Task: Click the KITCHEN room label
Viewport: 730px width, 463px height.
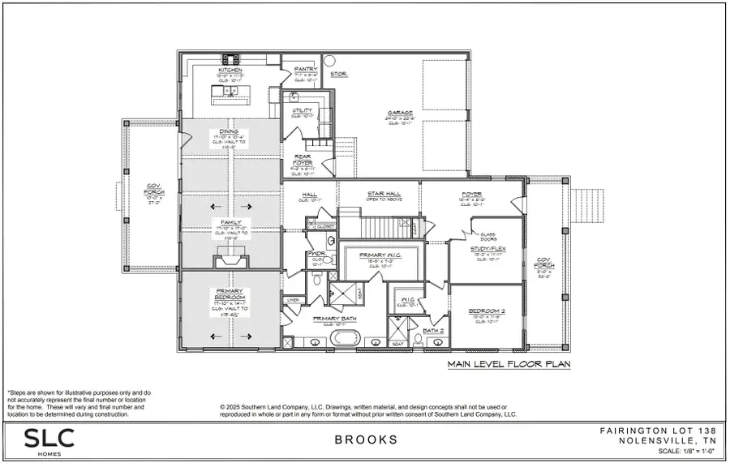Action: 230,71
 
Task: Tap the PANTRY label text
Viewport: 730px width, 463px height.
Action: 305,70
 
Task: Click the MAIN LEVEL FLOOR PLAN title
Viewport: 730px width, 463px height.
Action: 509,365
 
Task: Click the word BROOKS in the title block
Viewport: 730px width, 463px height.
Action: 365,440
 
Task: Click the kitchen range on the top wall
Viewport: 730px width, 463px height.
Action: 231,58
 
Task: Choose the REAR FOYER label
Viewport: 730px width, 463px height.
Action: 304,162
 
